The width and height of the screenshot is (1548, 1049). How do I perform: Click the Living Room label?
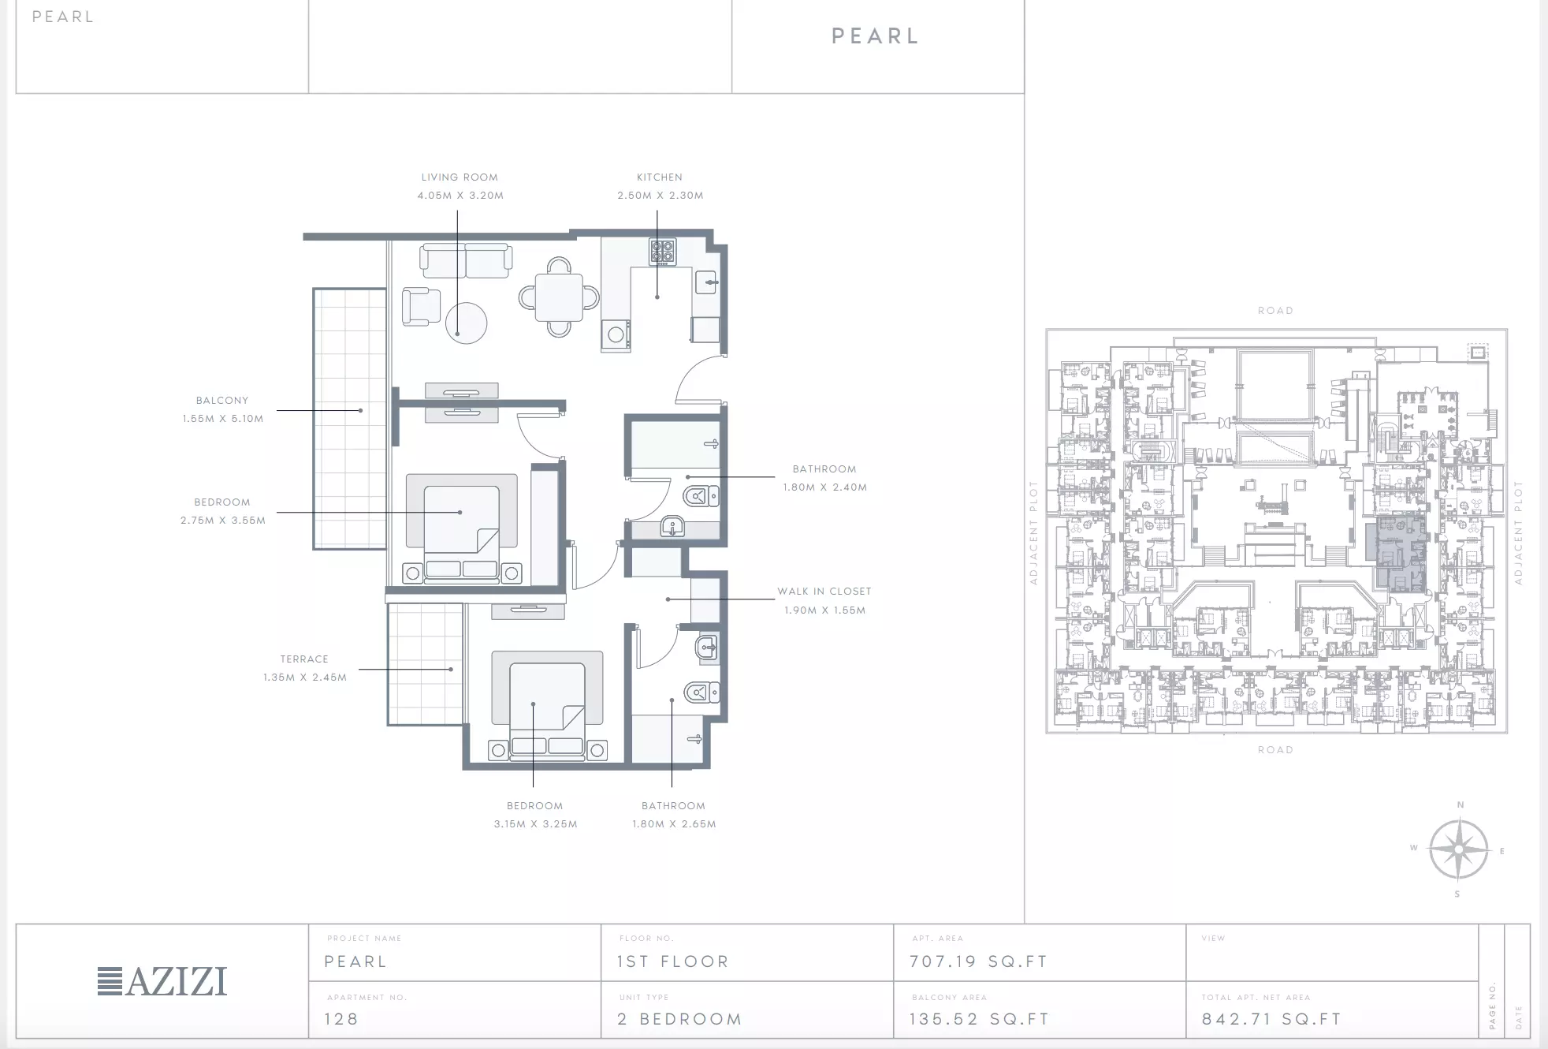click(x=460, y=177)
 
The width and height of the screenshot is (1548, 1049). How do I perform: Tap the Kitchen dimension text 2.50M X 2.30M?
click(x=661, y=196)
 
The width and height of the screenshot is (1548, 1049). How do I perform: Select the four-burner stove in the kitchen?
click(x=663, y=252)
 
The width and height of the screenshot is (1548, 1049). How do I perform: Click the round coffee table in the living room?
click(x=466, y=323)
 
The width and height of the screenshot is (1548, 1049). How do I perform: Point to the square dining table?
click(x=559, y=297)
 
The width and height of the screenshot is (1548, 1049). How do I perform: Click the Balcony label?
click(x=222, y=401)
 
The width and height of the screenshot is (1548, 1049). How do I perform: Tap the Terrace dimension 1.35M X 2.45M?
click(x=305, y=678)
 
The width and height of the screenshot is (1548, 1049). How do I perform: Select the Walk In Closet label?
click(x=824, y=592)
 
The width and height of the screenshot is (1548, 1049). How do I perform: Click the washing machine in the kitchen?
click(x=616, y=335)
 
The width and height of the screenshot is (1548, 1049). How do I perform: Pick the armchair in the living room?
click(x=421, y=307)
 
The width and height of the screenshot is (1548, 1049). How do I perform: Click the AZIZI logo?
click(x=162, y=981)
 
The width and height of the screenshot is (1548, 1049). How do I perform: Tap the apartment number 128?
click(x=341, y=1019)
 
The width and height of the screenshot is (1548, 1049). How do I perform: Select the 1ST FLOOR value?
click(x=673, y=961)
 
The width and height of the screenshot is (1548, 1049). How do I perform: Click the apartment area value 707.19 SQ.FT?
click(x=978, y=961)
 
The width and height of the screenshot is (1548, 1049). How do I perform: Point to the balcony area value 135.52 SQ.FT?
click(x=979, y=1019)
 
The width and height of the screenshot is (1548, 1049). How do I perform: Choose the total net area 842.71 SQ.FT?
click(x=1271, y=1019)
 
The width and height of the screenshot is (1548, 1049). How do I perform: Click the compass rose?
click(x=1458, y=849)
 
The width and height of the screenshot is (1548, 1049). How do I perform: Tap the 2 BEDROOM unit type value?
click(x=679, y=1019)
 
